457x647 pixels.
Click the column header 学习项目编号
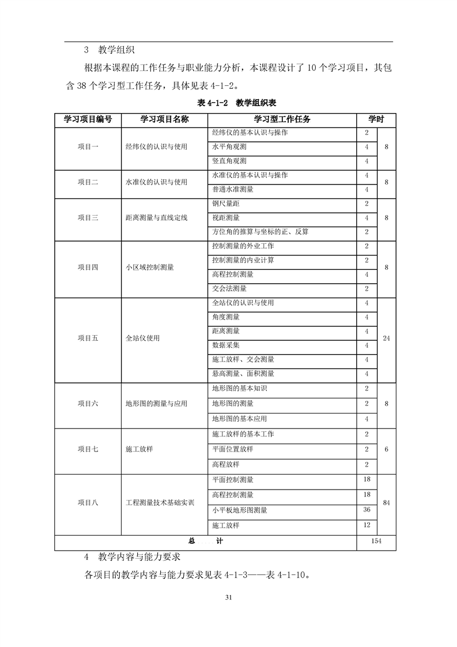point(88,119)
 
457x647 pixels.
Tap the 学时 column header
point(376,119)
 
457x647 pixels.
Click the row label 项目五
point(88,338)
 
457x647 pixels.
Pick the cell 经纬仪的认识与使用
point(156,147)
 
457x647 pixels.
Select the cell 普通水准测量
point(233,189)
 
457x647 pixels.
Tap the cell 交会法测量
point(229,288)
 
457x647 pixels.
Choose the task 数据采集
point(226,345)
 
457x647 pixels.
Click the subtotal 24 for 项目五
point(386,338)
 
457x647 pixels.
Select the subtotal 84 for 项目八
point(386,503)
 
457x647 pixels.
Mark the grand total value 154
point(376,541)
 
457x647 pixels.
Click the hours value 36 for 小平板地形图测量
point(367,510)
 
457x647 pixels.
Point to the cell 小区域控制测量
point(150,267)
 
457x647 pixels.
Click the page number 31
point(228,597)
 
